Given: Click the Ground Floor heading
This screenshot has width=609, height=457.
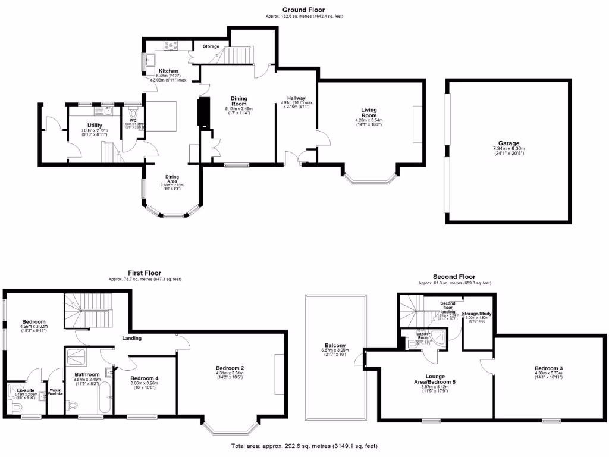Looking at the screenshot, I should [303, 10].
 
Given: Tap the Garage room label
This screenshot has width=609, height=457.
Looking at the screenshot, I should [509, 143].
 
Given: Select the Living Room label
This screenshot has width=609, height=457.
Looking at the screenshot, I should [369, 112].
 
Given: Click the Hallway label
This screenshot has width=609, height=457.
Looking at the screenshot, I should [296, 98].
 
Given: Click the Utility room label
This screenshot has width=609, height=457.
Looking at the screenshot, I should [91, 126].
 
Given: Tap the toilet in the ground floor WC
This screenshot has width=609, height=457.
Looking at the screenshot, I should [133, 113].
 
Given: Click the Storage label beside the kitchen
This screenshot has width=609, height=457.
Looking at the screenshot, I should [211, 46].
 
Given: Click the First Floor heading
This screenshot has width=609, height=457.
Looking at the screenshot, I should [145, 273].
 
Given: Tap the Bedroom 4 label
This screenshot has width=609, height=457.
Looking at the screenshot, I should [144, 378].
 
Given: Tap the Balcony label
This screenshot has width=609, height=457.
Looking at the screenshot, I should [336, 345].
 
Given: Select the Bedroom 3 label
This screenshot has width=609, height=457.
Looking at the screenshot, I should [548, 368].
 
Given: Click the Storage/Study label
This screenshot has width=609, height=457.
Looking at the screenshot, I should [477, 313].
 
